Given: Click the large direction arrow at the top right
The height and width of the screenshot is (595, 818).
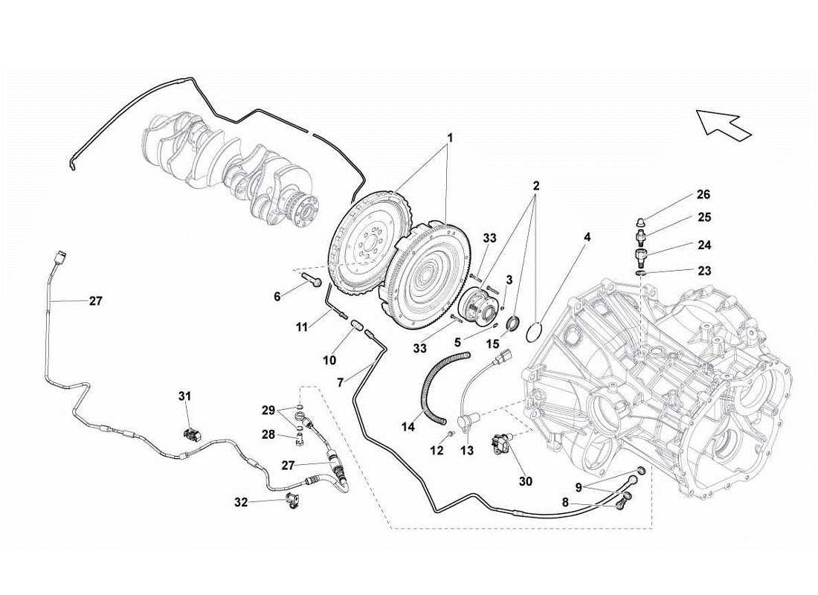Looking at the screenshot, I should [723, 123].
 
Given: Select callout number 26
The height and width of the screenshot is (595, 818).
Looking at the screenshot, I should [703, 195].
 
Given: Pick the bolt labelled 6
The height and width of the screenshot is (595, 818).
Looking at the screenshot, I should [313, 280].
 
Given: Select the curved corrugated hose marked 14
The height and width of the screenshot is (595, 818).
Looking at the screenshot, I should [435, 384].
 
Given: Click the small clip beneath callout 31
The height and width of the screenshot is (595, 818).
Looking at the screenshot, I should [192, 434].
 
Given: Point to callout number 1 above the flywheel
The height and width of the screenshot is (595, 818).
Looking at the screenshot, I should [448, 138].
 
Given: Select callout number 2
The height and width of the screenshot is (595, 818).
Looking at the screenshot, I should [536, 184].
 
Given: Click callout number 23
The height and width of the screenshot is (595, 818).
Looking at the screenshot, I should [703, 271].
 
